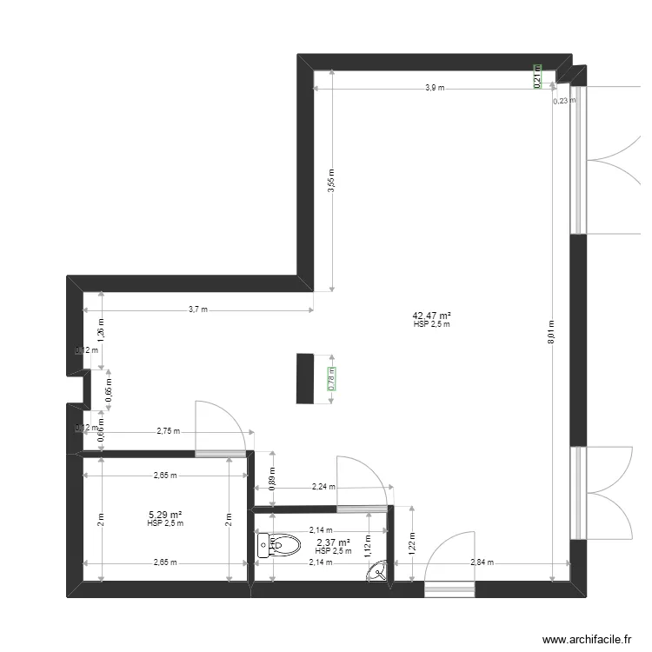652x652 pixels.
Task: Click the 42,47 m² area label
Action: [x=432, y=316]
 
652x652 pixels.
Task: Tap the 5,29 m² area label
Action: [x=164, y=515]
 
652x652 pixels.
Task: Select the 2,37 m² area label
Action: [x=333, y=543]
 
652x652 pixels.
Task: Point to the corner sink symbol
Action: [x=379, y=572]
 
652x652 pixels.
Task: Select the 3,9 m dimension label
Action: [x=434, y=88]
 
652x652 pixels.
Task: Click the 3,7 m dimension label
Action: [x=198, y=309]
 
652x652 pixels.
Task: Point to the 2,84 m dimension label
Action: [x=482, y=562]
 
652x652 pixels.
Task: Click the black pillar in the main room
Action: [x=304, y=378]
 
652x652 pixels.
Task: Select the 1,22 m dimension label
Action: [x=412, y=542]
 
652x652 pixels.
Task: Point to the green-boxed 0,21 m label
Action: [x=537, y=78]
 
